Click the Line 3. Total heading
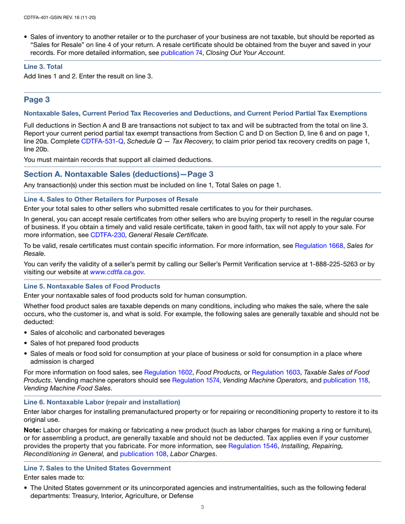(43, 67)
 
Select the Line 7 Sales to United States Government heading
(98, 468)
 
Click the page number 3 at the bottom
(202, 507)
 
